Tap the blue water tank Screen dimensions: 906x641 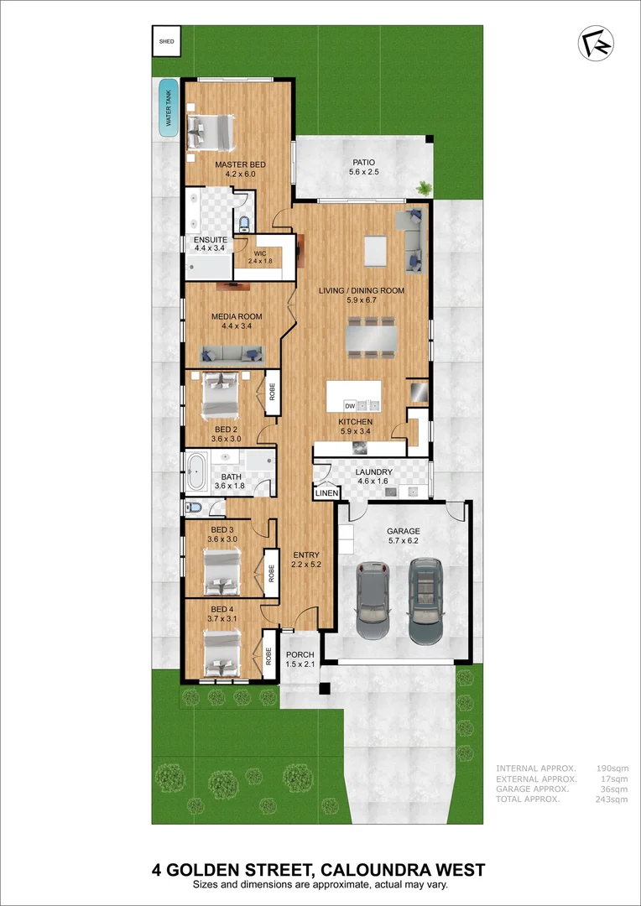pos(169,109)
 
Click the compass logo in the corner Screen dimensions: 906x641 pos(596,44)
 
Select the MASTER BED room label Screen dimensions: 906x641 pos(240,164)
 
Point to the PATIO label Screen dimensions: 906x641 pos(363,162)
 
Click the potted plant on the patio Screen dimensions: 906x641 pos(425,188)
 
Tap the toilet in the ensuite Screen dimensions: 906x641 pos(244,224)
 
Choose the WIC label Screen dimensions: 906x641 pos(260,253)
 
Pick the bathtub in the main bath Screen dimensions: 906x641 pos(197,473)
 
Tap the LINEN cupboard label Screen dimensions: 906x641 pos(326,493)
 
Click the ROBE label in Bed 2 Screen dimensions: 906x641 pos(272,392)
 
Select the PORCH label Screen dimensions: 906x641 pos(300,655)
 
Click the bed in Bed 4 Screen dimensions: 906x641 pos(222,655)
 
